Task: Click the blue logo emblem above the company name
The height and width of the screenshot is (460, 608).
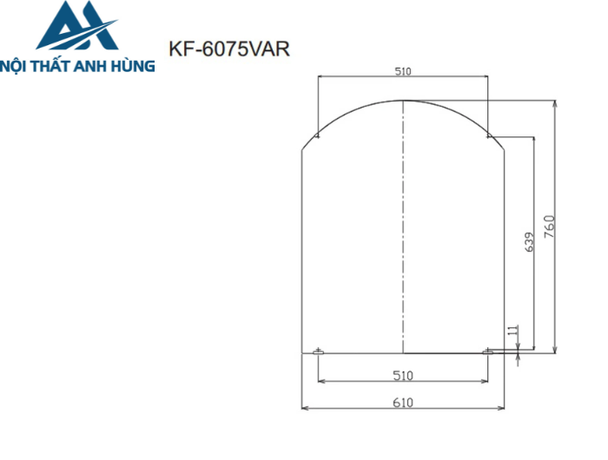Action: click(77, 28)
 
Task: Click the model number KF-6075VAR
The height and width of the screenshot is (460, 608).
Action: click(229, 50)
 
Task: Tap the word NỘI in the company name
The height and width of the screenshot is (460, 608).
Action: click(18, 65)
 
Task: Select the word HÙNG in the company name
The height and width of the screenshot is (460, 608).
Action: click(135, 65)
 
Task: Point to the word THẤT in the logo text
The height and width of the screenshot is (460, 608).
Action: click(54, 65)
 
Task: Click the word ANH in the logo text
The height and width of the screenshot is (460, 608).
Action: click(96, 65)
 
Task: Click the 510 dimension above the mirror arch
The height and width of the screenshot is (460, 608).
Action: click(403, 72)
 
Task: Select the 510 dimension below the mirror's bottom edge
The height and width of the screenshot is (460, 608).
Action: click(403, 375)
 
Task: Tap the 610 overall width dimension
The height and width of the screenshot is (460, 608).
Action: click(403, 402)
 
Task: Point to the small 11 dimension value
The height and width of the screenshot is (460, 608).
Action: click(512, 331)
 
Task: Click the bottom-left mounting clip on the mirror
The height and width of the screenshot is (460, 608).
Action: click(318, 351)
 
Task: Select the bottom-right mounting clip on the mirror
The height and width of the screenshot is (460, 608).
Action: click(488, 351)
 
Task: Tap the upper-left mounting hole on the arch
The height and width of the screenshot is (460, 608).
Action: click(318, 135)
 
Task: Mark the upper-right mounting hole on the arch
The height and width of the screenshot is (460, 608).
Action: click(488, 135)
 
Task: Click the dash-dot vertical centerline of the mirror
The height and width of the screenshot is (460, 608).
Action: click(403, 226)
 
